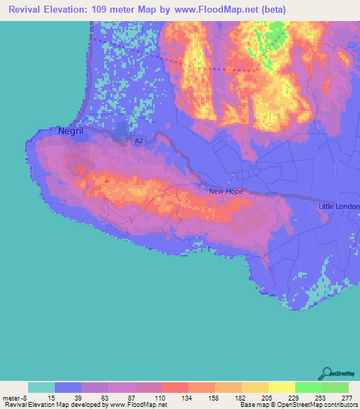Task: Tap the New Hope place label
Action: pyautogui.click(x=226, y=191)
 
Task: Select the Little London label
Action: pyautogui.click(x=338, y=207)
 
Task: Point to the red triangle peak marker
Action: pyautogui.click(x=107, y=179)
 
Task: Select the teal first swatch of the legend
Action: pyautogui.click(x=41, y=387)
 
